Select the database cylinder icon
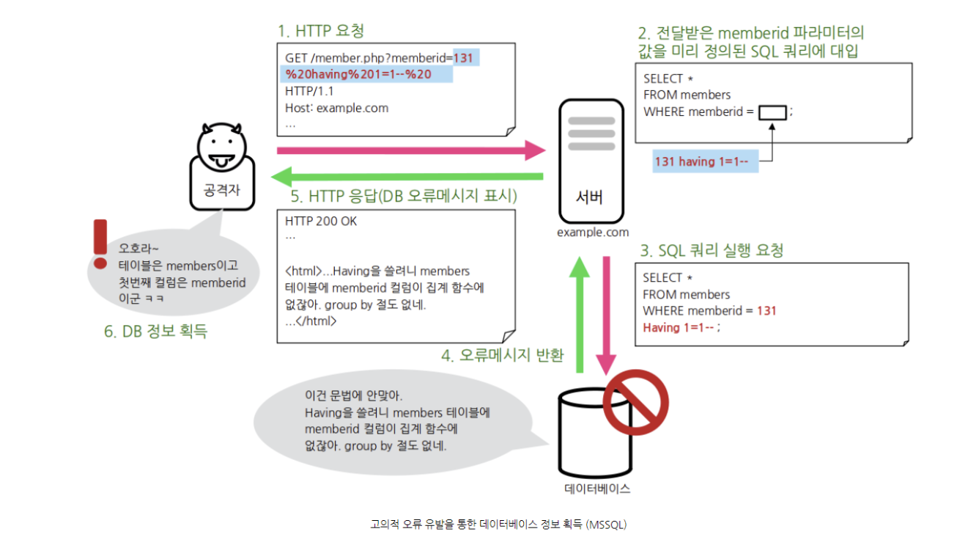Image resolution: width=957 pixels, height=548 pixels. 587,433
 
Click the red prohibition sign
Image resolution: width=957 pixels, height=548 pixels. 636,403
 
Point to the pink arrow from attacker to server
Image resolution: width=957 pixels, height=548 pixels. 410,150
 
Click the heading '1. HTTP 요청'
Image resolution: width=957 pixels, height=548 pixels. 320,31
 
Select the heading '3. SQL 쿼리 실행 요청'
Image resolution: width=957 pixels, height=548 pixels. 712,250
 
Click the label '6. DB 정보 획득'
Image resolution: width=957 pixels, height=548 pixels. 155,332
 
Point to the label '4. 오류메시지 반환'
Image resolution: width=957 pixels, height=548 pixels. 502,356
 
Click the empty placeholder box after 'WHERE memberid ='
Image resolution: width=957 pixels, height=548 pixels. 772,112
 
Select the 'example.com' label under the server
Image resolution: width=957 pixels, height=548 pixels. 593,233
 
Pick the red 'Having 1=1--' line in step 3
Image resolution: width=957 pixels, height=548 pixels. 679,327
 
